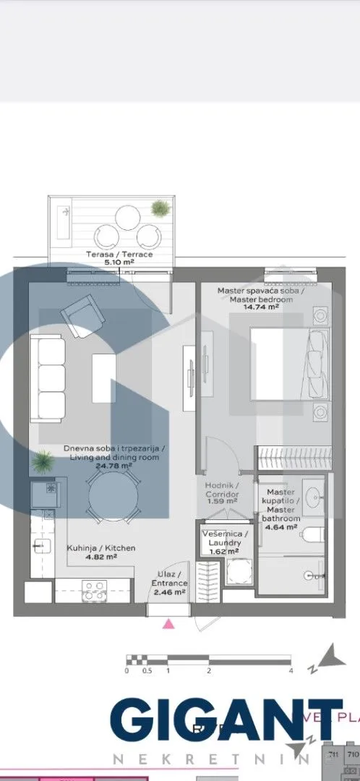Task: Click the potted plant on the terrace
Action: coord(160,209)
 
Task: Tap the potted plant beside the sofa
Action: coord(43,460)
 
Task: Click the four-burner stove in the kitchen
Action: coord(93,591)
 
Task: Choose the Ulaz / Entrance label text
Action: coord(171,579)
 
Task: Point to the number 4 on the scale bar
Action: coord(291,671)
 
